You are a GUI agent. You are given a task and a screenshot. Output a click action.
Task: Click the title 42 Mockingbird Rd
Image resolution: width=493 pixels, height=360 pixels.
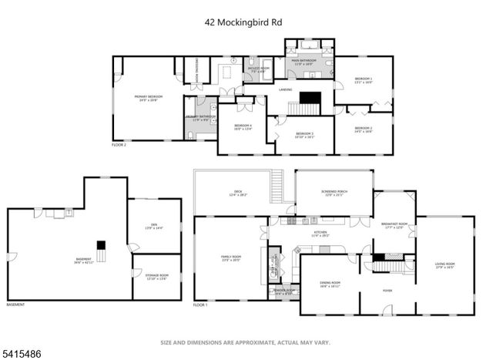243,23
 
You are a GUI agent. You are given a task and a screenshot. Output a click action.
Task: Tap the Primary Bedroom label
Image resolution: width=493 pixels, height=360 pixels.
151,99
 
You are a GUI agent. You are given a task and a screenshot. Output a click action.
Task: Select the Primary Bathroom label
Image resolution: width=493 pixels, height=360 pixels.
200,118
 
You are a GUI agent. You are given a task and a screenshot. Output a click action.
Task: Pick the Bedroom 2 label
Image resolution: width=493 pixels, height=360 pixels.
364,130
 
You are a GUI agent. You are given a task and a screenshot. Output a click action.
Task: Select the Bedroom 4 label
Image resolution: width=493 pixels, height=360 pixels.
243,129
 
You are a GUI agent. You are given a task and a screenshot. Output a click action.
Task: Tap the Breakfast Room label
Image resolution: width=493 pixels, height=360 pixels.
394,225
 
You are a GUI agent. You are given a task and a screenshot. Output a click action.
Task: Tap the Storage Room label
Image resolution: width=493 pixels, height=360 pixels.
156,278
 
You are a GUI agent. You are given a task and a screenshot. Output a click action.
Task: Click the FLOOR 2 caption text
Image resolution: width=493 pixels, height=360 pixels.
119,145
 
